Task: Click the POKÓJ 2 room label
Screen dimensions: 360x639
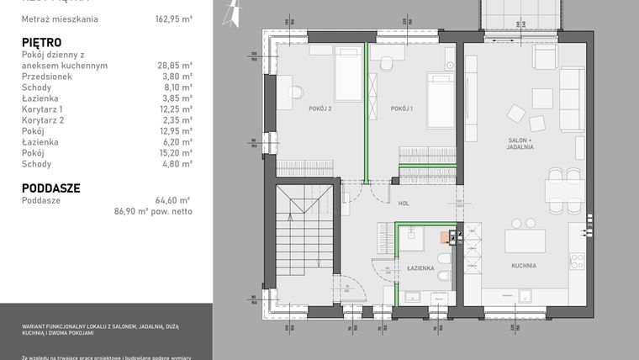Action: (297, 109)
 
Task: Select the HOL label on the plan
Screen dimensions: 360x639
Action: (404, 203)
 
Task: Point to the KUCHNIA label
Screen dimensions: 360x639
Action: (524, 266)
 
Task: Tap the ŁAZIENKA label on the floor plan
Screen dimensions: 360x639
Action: (420, 268)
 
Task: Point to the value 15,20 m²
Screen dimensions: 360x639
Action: (175, 153)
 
